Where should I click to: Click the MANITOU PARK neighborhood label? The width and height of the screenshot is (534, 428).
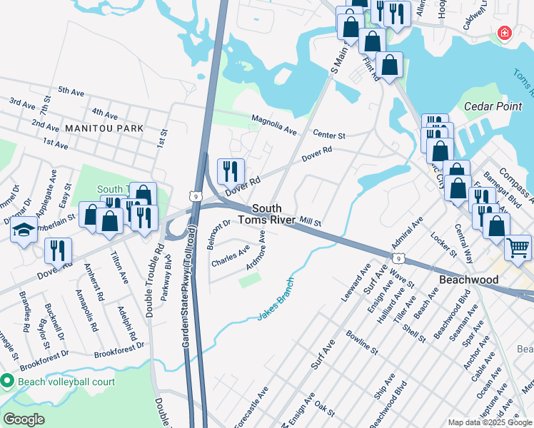pos(104,128)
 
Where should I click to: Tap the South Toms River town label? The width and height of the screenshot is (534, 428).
pos(270,213)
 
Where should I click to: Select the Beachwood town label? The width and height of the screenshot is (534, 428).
pos(468,280)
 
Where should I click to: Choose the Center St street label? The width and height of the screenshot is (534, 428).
pos(329,134)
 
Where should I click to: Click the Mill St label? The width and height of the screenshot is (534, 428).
pos(311,223)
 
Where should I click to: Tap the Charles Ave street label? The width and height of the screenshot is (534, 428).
pos(231,257)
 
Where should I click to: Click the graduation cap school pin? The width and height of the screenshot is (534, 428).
pos(24,230)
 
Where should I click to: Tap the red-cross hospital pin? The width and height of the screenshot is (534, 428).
pos(505,33)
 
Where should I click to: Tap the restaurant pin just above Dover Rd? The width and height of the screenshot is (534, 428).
pos(231,170)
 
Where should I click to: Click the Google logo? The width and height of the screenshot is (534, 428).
pos(24,419)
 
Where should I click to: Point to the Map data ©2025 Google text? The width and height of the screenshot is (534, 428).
pos(489,422)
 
